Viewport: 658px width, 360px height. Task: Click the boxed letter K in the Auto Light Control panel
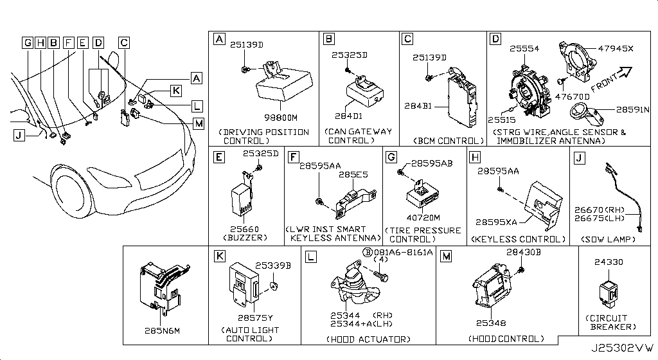219,256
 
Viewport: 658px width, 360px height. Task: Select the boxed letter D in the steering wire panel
495,40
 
